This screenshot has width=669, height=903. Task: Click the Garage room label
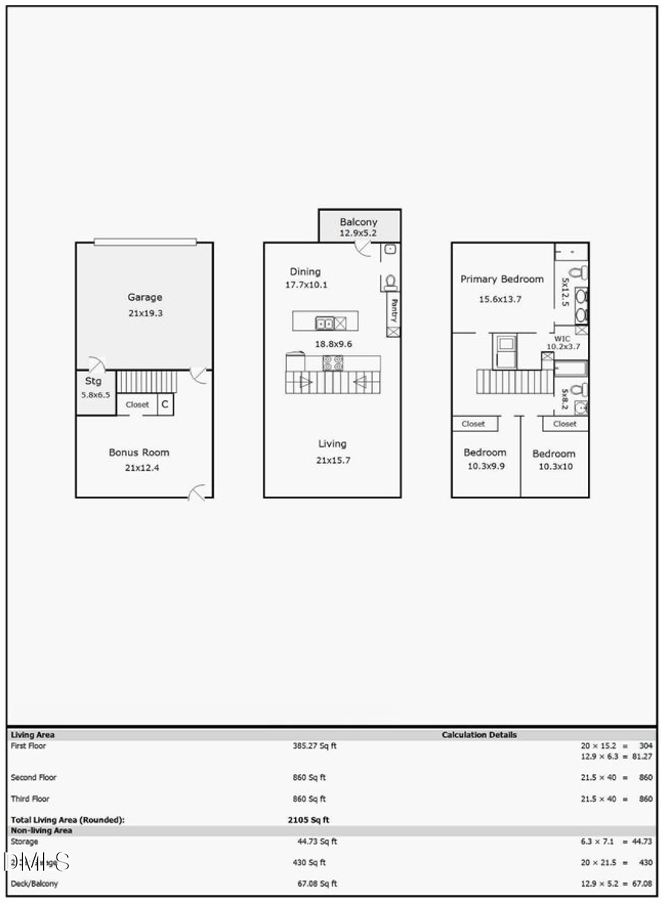pyautogui.click(x=144, y=297)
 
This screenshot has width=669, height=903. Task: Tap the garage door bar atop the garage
pyautogui.click(x=145, y=241)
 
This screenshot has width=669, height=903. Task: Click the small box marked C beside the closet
pyautogui.click(x=165, y=405)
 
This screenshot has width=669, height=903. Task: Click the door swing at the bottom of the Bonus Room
pyautogui.click(x=198, y=492)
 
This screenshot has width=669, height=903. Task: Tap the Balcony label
pyautogui.click(x=358, y=221)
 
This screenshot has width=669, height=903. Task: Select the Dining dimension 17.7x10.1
pyautogui.click(x=306, y=285)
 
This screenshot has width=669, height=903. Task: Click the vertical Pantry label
pyautogui.click(x=394, y=309)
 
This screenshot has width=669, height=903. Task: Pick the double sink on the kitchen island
pyautogui.click(x=325, y=323)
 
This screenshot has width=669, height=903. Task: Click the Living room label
pyautogui.click(x=332, y=443)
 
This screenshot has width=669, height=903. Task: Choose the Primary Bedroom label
pyautogui.click(x=502, y=279)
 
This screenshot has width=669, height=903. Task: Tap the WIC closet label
pyautogui.click(x=562, y=339)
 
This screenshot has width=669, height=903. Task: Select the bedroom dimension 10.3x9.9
pyautogui.click(x=485, y=466)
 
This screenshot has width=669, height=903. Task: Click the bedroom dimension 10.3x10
pyautogui.click(x=554, y=467)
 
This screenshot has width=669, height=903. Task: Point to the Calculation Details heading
pyautogui.click(x=479, y=734)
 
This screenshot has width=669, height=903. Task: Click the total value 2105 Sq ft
pyautogui.click(x=308, y=820)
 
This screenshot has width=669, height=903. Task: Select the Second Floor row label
pyautogui.click(x=33, y=778)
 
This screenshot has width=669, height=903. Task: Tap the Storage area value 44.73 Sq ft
pyautogui.click(x=317, y=841)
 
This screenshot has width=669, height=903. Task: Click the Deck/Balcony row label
pyautogui.click(x=34, y=884)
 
